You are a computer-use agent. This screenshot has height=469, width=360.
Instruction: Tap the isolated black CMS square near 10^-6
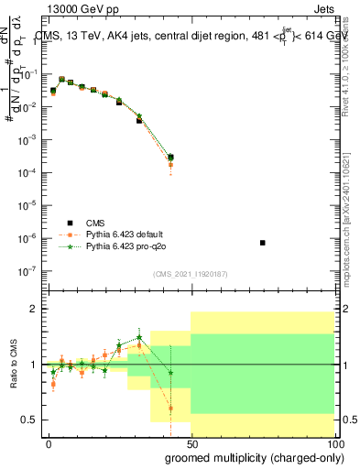click(x=263, y=243)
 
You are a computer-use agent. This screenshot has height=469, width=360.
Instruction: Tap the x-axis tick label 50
click(x=191, y=442)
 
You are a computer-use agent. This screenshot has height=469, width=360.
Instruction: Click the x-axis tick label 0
click(x=49, y=442)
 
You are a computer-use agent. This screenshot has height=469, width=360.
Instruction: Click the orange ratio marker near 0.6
click(x=170, y=409)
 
